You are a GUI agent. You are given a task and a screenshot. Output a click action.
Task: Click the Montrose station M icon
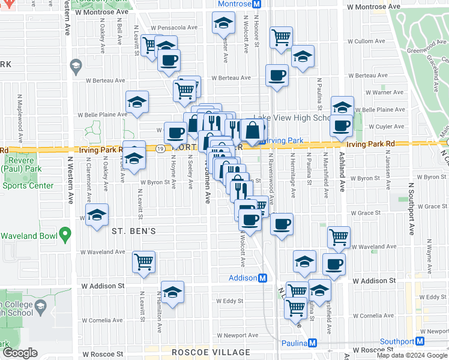256,4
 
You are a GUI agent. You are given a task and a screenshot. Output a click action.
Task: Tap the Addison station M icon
262,278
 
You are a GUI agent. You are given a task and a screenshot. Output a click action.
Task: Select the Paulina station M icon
312,343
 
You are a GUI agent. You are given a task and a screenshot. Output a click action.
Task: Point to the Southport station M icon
420,341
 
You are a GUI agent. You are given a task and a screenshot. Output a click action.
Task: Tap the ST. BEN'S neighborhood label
133,231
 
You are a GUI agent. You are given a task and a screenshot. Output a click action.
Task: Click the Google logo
20,353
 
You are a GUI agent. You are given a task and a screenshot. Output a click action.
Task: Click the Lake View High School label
292,118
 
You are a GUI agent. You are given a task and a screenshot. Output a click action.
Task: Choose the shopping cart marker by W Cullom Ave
281,38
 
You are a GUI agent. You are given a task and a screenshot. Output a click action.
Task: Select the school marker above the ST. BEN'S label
97,215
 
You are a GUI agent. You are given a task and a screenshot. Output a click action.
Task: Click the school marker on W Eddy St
172,292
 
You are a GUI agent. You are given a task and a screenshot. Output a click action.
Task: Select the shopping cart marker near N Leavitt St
144,261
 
